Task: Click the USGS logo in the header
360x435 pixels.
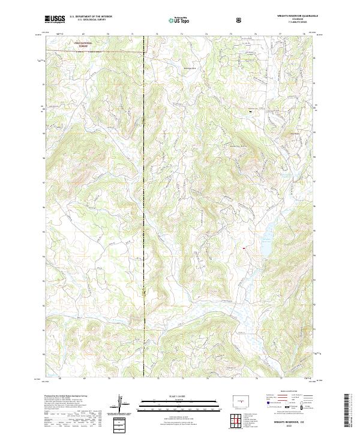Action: [x=55, y=19]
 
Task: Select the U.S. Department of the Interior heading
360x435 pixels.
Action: [x=91, y=17]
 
